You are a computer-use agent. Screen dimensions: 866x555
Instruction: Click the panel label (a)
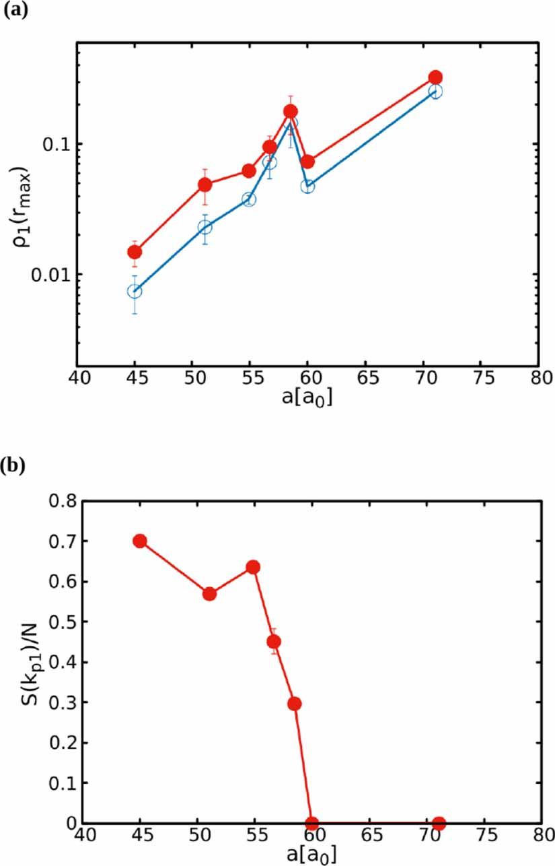click(x=14, y=12)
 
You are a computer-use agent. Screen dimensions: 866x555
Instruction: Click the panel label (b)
click(x=14, y=467)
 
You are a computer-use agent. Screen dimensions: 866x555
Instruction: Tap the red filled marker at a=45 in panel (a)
click(x=135, y=252)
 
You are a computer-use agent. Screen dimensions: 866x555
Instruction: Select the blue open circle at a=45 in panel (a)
click(x=135, y=292)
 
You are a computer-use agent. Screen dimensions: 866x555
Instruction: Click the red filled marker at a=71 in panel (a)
click(x=435, y=77)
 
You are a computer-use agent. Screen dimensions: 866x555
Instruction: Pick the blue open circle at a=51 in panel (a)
click(x=205, y=228)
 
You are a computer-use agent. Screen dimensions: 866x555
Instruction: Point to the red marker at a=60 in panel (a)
click(x=307, y=162)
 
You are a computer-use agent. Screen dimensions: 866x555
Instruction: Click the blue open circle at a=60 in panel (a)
click(x=307, y=187)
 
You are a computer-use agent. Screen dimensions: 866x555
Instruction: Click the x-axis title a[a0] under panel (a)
click(x=308, y=398)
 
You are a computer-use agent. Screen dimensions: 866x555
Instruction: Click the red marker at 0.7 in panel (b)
click(x=140, y=541)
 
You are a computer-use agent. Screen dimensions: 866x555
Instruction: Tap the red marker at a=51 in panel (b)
click(x=209, y=594)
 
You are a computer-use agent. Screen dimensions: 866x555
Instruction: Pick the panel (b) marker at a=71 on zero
click(x=439, y=823)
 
